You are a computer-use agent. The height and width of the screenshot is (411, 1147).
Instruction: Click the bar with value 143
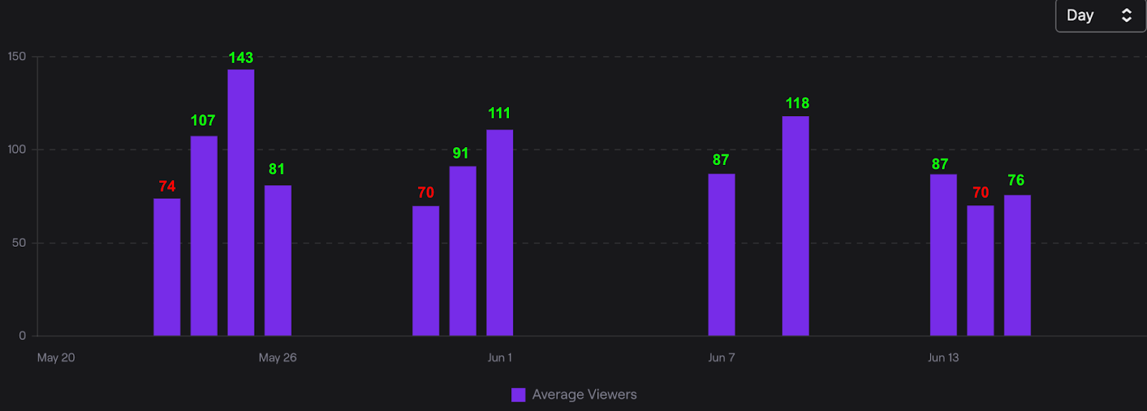(241, 202)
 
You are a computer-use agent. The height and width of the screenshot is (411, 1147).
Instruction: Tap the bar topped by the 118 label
(795, 226)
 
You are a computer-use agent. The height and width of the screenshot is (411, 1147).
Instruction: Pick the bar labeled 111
(500, 232)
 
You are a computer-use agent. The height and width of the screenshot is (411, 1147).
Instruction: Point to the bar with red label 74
(167, 267)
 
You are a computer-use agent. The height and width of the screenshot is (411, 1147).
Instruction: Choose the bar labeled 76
(1017, 265)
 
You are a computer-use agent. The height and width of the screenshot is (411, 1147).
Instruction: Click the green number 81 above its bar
(277, 169)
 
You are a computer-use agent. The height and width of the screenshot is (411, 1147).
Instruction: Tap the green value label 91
(460, 153)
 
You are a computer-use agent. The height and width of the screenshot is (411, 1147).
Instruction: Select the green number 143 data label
(241, 58)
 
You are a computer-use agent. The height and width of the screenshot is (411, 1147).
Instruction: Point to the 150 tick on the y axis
(16, 57)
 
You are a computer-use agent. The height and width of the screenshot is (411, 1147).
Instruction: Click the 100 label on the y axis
(16, 150)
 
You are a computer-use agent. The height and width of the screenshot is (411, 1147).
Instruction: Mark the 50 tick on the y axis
(19, 243)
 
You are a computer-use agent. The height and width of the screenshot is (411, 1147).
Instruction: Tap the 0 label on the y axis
(22, 336)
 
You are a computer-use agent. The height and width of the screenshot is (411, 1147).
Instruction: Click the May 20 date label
(56, 358)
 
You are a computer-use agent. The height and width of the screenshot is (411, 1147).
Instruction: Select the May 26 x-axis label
(277, 358)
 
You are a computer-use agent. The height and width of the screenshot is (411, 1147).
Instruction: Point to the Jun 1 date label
(500, 358)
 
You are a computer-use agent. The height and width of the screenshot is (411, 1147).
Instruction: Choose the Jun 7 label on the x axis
(721, 358)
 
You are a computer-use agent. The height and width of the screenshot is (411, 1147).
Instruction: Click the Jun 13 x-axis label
(943, 358)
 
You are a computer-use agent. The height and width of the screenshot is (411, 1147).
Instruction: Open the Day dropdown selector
(1100, 16)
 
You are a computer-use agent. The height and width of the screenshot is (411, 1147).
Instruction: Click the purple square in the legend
(518, 395)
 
